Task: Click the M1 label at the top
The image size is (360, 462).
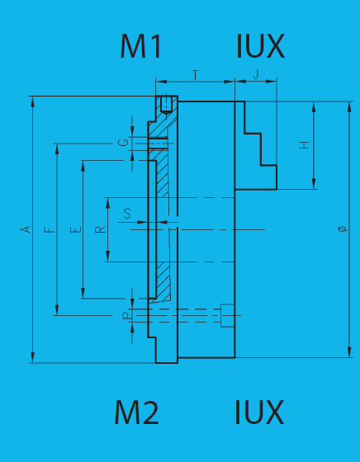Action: coord(140,46)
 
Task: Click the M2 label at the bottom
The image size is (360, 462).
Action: coord(136,412)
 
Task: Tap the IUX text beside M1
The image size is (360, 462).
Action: coord(260,46)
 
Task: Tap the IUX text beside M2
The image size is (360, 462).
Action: coord(259,412)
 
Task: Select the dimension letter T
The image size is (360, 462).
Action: coord(196,75)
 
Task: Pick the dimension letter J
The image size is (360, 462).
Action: coord(256,74)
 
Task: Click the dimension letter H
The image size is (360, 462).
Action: coord(304,145)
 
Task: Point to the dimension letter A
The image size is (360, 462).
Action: coord(26,229)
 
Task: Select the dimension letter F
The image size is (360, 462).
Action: coord(50,230)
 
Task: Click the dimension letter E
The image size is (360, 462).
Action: coord(75,230)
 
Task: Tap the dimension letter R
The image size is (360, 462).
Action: coord(100,229)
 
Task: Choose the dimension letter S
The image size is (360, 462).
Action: coord(127,214)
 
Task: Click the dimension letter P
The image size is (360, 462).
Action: coord(126,316)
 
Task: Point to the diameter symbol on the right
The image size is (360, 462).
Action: coord(343,229)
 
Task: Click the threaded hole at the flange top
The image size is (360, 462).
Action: coord(166,104)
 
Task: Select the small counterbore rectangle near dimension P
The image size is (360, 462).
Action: coord(228,315)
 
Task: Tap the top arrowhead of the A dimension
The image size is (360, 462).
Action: coord(33,101)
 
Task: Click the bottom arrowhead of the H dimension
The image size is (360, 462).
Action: coord(314,184)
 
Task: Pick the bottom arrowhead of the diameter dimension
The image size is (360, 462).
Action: coord(349,352)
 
